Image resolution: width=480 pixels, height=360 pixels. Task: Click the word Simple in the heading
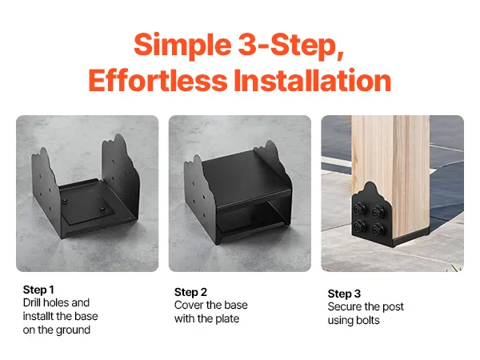click(182, 46)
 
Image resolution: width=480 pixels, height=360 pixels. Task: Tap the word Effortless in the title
click(158, 80)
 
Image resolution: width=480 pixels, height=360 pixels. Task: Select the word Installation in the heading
click(313, 80)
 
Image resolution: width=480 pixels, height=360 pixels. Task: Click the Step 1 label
click(38, 290)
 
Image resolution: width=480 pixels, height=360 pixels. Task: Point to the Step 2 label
click(190, 292)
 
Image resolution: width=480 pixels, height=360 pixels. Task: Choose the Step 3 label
click(344, 294)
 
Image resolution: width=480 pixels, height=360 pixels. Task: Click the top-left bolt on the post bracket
click(359, 210)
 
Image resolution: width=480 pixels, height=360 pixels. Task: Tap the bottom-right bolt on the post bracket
click(378, 229)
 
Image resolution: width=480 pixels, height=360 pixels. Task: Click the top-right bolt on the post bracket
click(378, 212)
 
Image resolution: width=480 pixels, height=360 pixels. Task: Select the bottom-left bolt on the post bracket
click(359, 227)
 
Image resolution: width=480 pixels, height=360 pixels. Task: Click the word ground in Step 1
click(74, 330)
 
